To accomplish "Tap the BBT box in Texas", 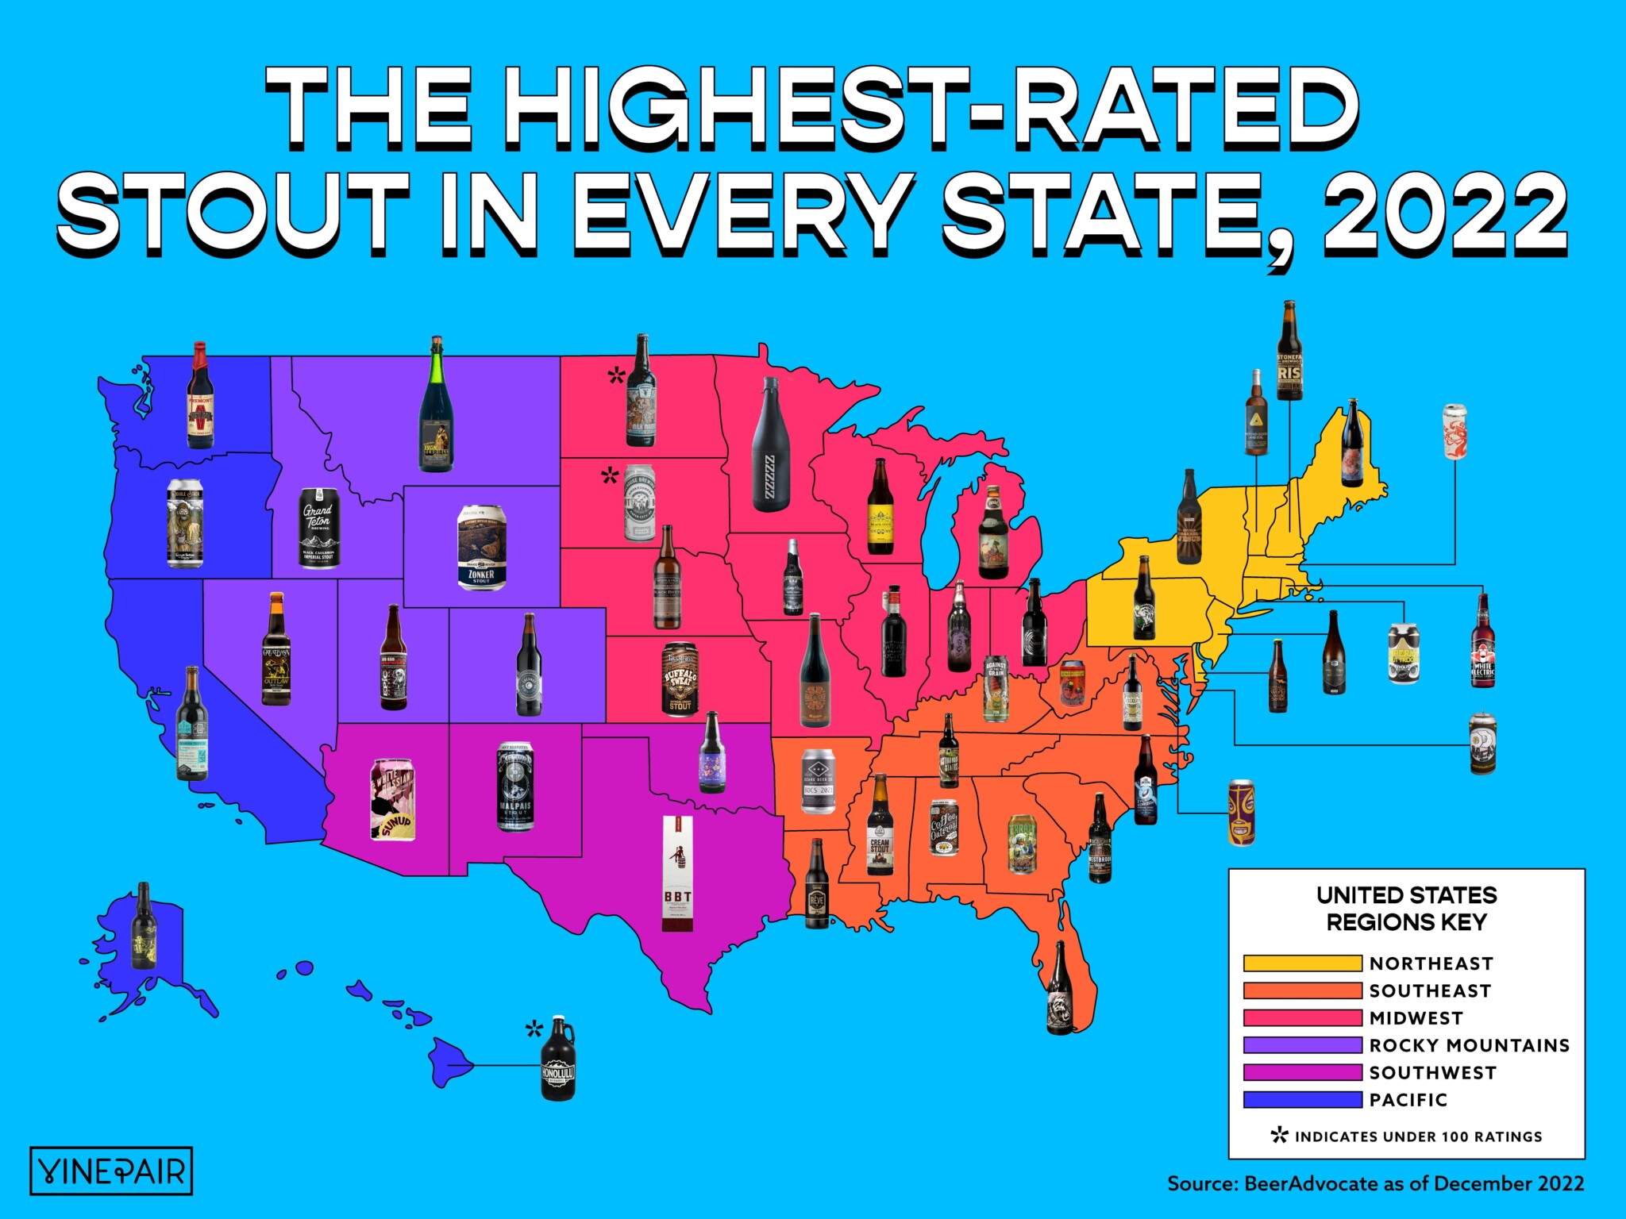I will [677, 873].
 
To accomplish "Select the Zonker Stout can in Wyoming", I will [482, 548].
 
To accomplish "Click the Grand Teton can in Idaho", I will [319, 528].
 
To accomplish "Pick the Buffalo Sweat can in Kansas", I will [680, 680].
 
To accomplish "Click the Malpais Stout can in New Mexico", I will [515, 786].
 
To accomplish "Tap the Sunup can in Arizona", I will [393, 799].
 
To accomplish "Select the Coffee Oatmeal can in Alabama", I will [944, 827].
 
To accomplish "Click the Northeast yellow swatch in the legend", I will [1302, 963].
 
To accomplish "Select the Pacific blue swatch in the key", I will [1302, 1100].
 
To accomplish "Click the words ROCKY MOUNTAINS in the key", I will [1470, 1045].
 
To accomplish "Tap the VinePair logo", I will [111, 1171].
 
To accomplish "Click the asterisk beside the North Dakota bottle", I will [616, 375].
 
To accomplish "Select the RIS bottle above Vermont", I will [1289, 351].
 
